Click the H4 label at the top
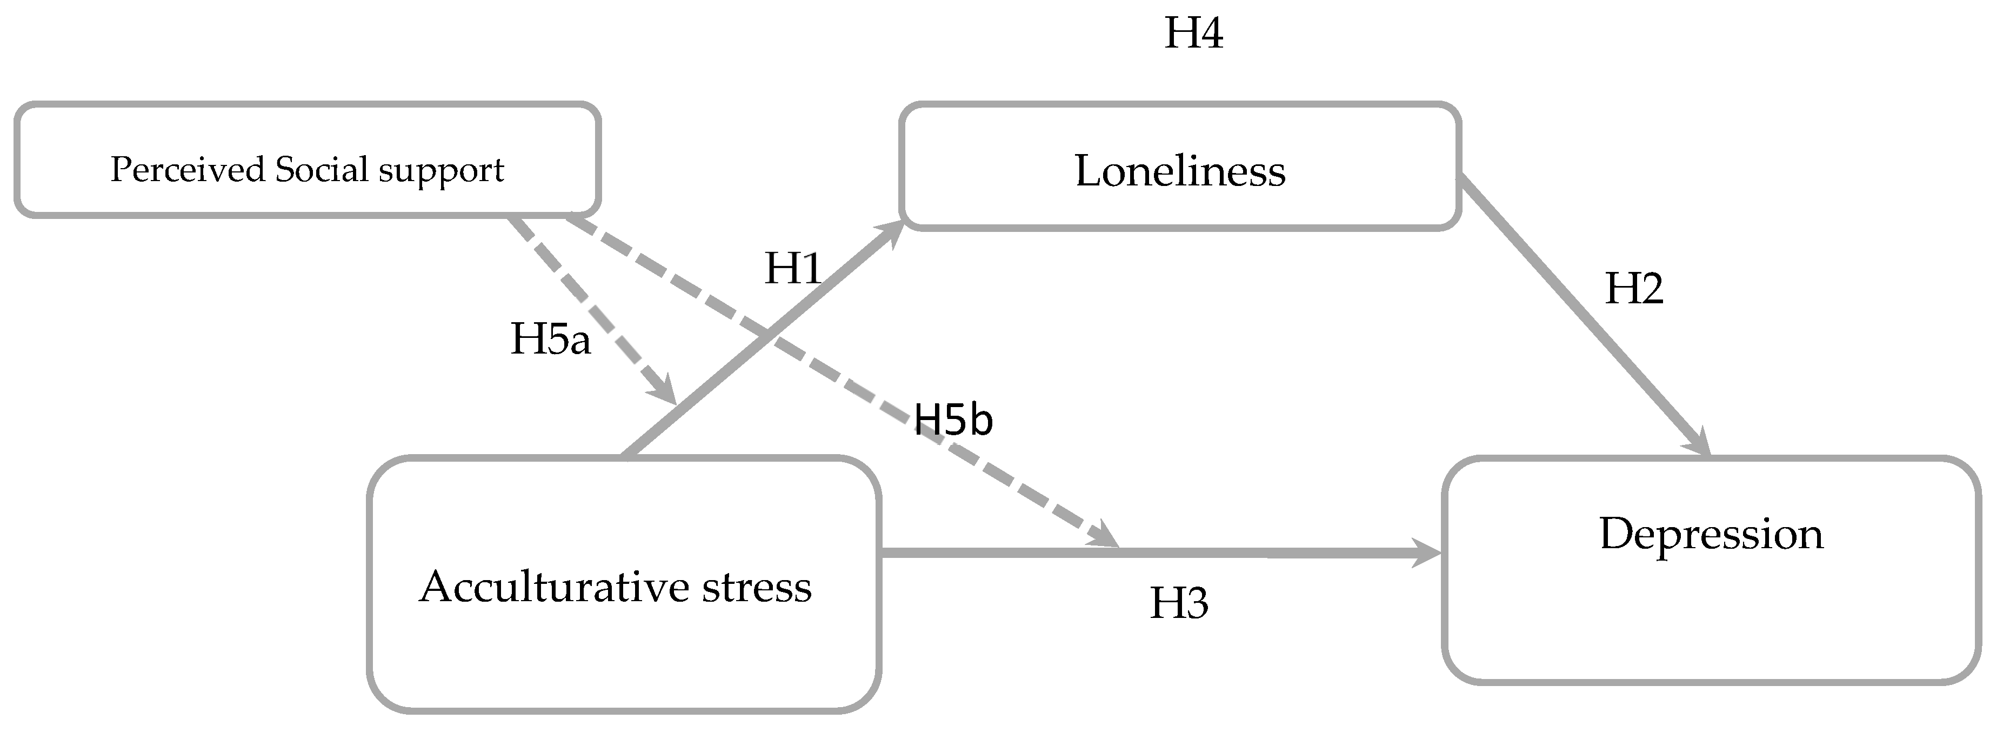coord(1193,34)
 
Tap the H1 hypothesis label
coord(793,269)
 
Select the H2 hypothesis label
coord(1634,289)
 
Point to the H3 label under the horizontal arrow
coord(1179,604)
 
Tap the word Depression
coord(1711,535)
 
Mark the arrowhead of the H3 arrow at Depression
coord(1427,554)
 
